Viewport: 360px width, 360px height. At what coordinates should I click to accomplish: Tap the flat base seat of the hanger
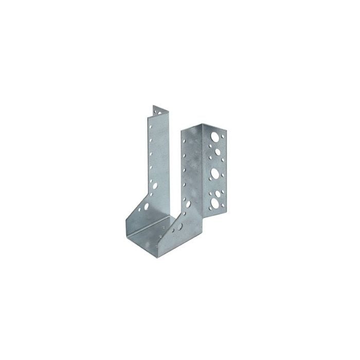click(x=154, y=226)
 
